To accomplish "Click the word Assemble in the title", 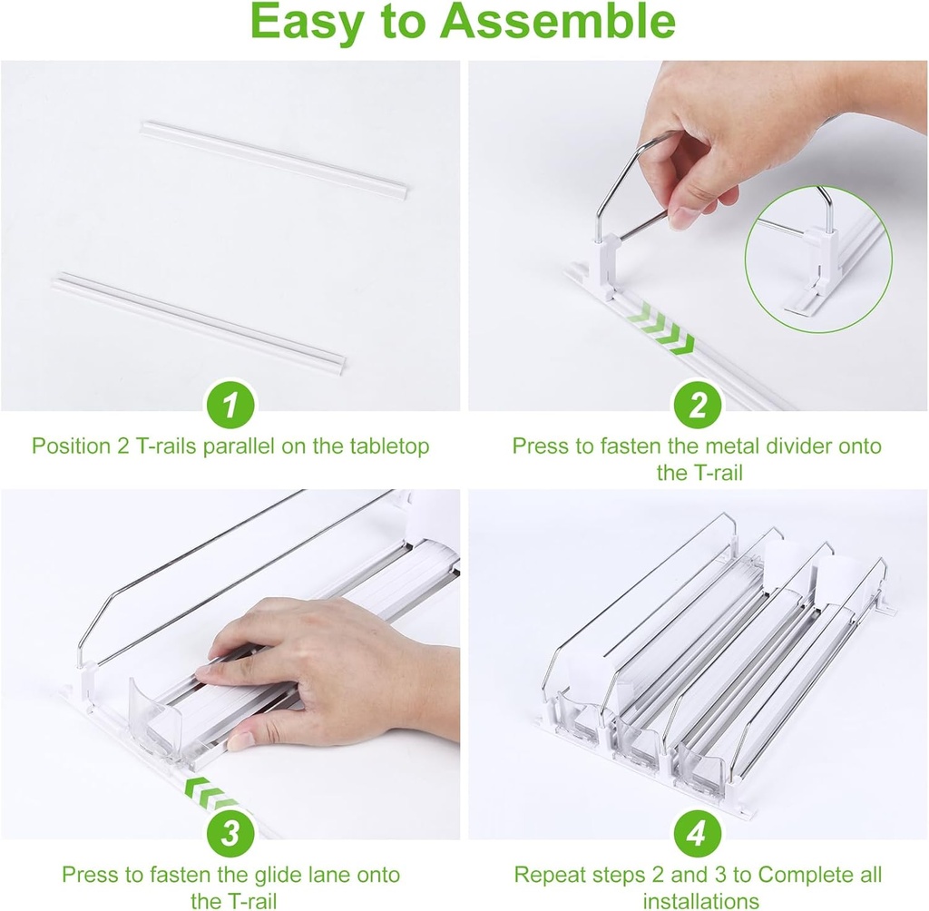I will [x=558, y=23].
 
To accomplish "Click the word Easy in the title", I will [x=308, y=23].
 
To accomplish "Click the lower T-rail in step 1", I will [x=200, y=321].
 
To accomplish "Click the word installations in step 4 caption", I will [x=700, y=901].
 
